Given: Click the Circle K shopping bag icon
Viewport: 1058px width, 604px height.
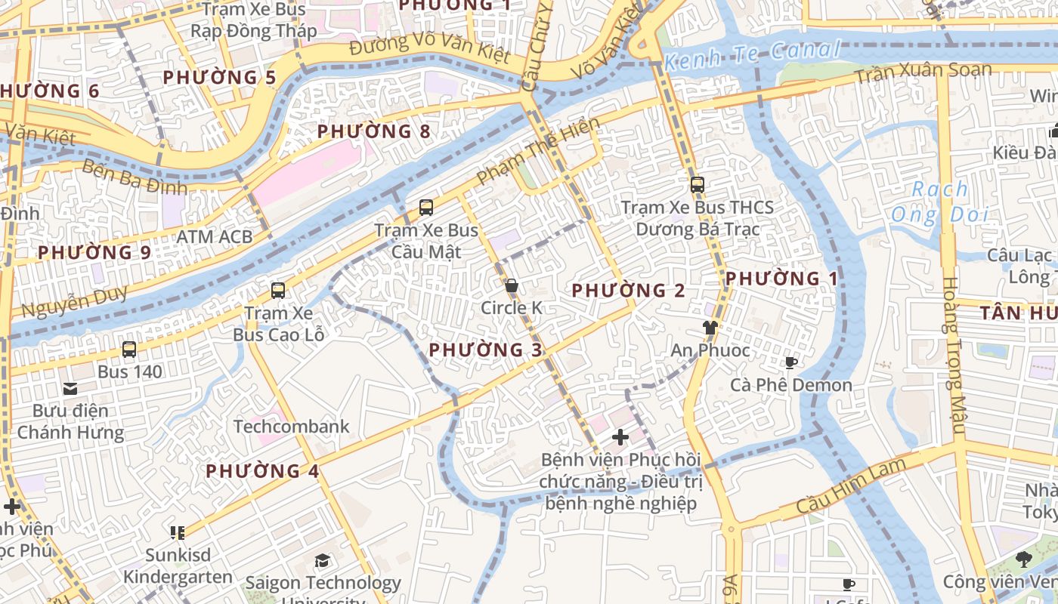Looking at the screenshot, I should click(x=512, y=286).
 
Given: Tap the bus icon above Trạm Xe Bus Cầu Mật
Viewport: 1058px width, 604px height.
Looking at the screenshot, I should click(x=426, y=208).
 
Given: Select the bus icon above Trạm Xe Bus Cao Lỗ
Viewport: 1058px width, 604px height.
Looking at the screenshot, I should click(x=278, y=291).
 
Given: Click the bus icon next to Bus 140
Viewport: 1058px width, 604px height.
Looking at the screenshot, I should click(x=129, y=350).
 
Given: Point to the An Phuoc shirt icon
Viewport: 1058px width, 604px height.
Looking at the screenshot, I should click(x=710, y=328).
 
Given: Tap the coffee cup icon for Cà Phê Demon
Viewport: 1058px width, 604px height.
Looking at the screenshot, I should click(x=790, y=363).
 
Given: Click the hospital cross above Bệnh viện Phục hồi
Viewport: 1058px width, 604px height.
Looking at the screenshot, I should click(x=620, y=437).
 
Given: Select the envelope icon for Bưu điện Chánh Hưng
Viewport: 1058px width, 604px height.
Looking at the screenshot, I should click(x=70, y=389).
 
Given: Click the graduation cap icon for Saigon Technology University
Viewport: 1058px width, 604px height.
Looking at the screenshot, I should click(x=323, y=560).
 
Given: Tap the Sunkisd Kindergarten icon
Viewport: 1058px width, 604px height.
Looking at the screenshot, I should click(x=178, y=533).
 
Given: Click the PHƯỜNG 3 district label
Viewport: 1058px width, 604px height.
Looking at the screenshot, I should click(x=485, y=350).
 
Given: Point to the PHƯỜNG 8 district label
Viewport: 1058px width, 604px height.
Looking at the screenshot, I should click(x=373, y=131).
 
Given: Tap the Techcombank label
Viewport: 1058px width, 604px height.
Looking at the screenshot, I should click(x=291, y=427).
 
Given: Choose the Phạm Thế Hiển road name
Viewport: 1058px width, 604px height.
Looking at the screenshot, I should click(x=538, y=151).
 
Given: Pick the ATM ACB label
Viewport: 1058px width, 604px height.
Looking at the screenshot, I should click(x=214, y=237).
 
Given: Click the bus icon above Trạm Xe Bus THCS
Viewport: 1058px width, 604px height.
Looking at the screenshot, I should click(x=697, y=185).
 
